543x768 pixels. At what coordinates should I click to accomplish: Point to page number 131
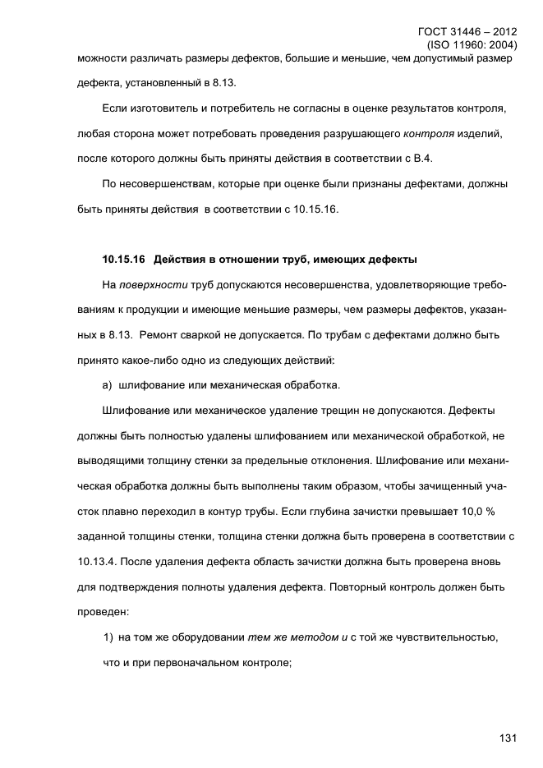pos(507,738)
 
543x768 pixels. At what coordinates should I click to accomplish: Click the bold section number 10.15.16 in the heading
pos(123,260)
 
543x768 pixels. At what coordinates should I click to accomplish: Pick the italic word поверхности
pos(155,284)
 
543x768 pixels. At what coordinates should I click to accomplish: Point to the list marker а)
pos(108,384)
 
